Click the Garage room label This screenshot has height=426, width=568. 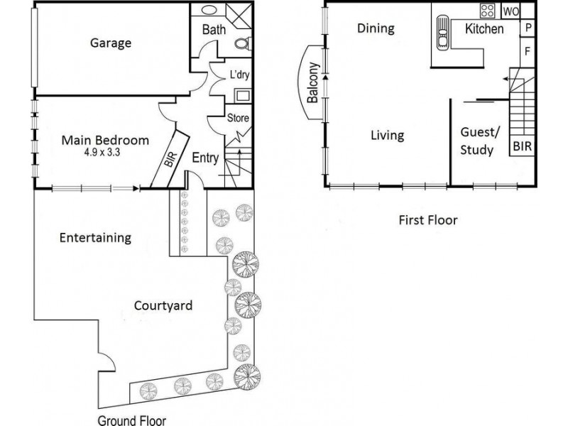(x=110, y=43)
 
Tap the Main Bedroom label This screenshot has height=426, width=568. (x=105, y=140)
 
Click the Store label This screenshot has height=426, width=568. (x=237, y=118)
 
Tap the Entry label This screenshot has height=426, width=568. (x=205, y=158)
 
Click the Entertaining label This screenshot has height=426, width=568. (x=95, y=238)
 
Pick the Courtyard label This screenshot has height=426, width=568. (x=163, y=306)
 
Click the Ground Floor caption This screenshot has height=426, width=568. (x=132, y=420)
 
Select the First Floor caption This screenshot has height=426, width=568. (x=427, y=220)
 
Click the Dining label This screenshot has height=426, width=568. (x=376, y=29)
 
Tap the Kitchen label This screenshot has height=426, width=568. (x=484, y=29)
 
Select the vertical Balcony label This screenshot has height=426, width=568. (x=313, y=83)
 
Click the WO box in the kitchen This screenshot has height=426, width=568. (x=510, y=11)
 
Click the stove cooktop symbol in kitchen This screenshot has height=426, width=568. (x=488, y=11)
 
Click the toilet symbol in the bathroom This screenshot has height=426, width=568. (x=241, y=43)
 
